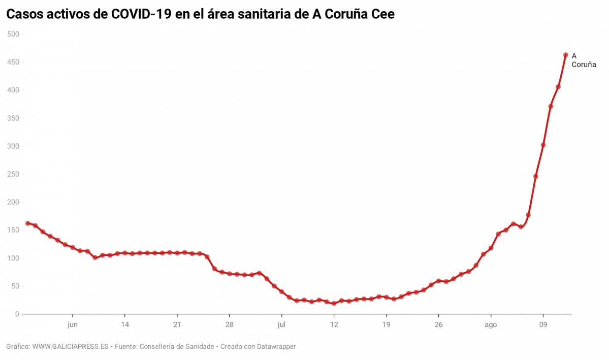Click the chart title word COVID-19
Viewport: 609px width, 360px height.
coord(142,15)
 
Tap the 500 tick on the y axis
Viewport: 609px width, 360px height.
coord(13,34)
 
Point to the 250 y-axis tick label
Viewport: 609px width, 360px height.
coord(13,174)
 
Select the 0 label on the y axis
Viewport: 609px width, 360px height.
coord(17,314)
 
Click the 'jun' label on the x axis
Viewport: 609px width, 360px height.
coord(73,325)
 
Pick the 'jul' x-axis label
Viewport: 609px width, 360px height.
coord(282,325)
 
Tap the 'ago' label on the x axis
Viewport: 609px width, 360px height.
coord(491,325)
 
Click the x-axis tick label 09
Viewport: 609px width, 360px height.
coord(543,325)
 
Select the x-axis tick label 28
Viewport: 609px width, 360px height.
coord(230,325)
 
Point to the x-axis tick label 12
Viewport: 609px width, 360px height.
coord(334,325)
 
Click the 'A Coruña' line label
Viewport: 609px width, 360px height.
coord(583,60)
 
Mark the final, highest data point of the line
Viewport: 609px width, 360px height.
coord(565,55)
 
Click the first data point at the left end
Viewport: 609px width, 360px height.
coord(28,223)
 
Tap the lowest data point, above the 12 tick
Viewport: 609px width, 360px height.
coord(334,304)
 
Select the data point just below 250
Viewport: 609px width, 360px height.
coord(536,176)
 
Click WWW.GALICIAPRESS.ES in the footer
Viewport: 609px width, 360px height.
coord(71,347)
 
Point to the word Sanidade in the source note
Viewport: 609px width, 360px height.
coord(199,347)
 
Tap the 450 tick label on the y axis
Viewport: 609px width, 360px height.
coord(13,62)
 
